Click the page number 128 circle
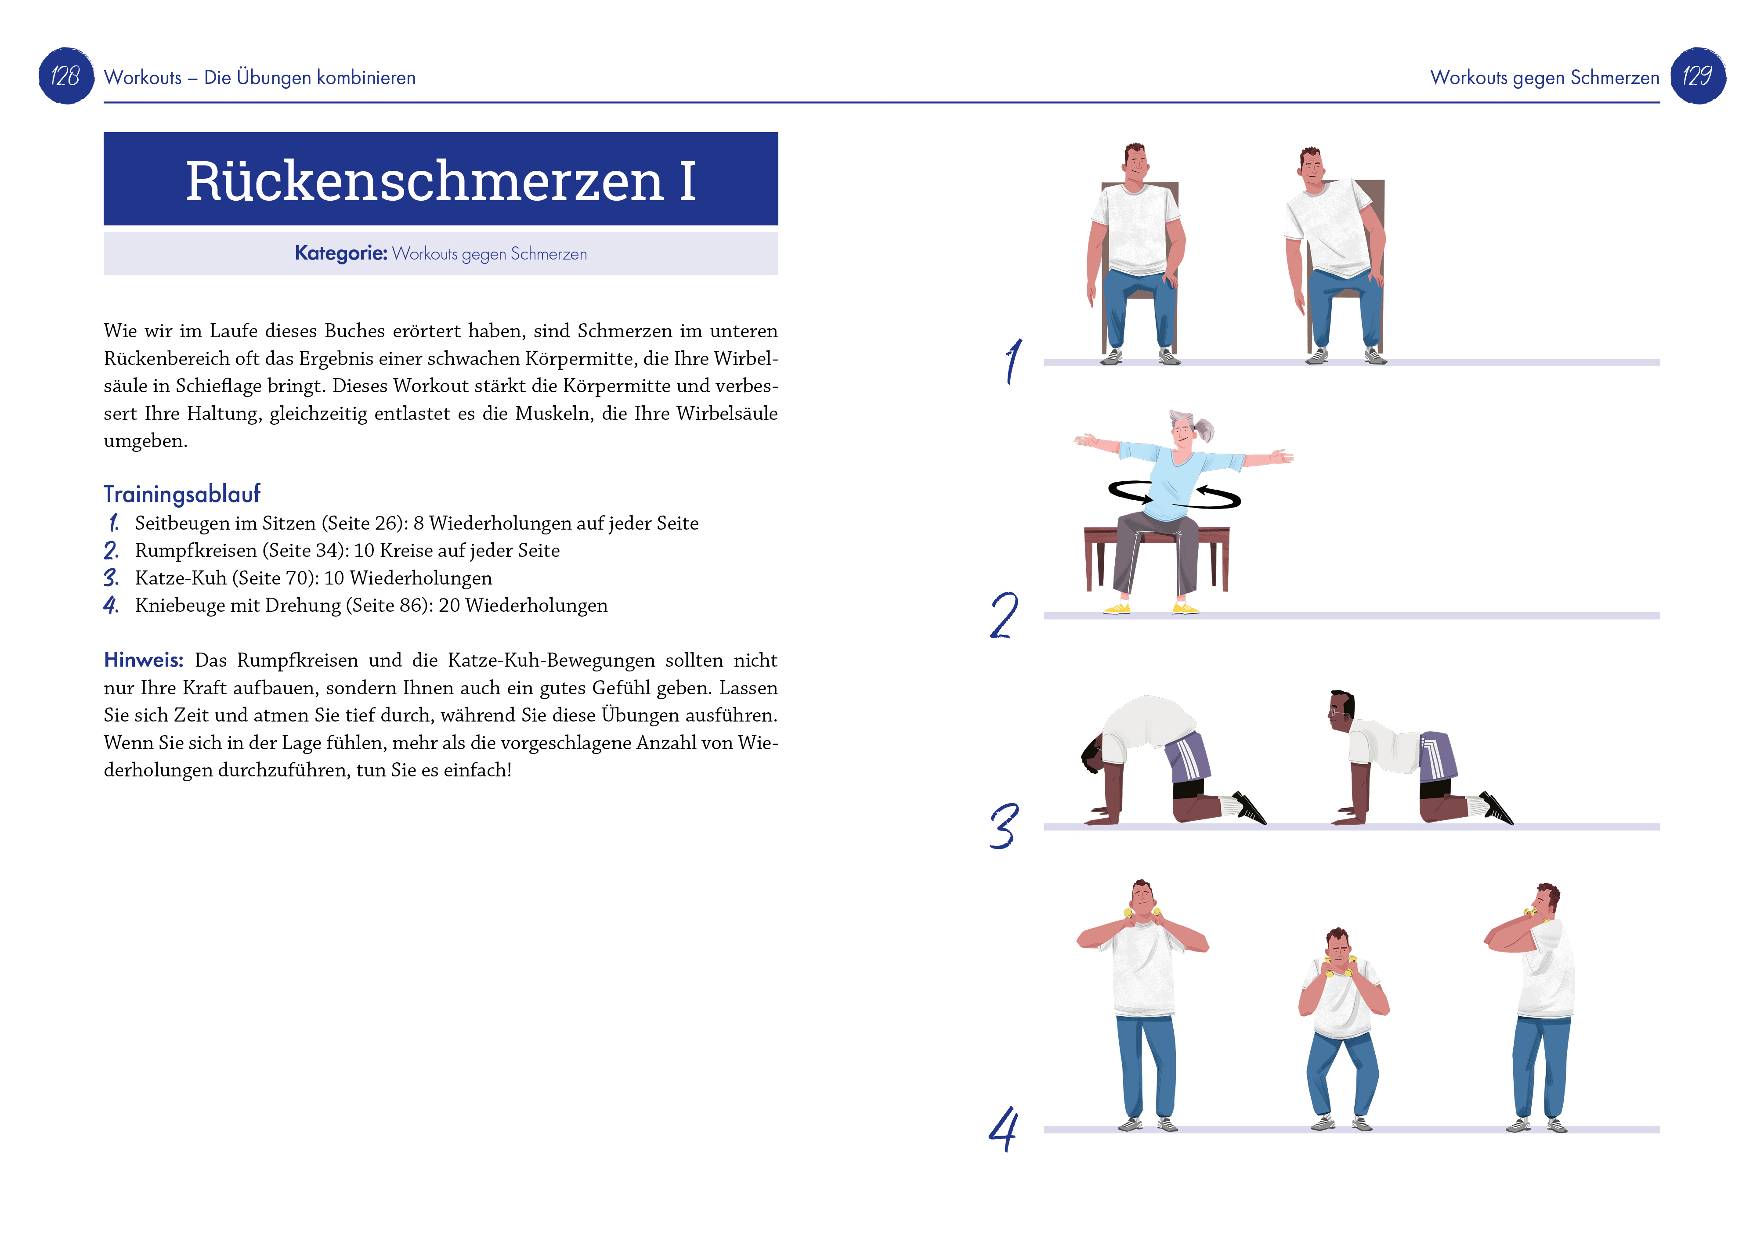[66, 76]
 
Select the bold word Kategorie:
[340, 253]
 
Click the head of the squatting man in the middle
[1337, 946]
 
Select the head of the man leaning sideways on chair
[1312, 164]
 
